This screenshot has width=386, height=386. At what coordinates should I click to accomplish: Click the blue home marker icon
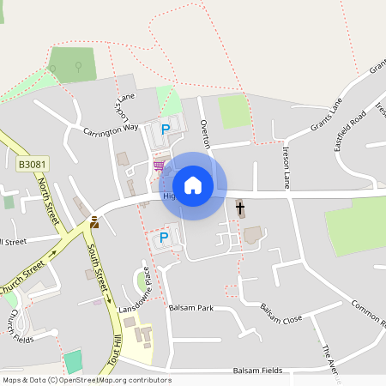click(x=193, y=185)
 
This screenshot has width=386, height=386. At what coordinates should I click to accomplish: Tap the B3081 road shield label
click(x=29, y=161)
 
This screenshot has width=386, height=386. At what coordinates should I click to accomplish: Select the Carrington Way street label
click(x=111, y=130)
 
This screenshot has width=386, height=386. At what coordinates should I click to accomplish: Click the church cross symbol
click(x=239, y=208)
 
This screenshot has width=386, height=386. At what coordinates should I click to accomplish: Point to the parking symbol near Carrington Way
click(x=166, y=130)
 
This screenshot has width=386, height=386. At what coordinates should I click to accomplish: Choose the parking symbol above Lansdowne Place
click(x=163, y=238)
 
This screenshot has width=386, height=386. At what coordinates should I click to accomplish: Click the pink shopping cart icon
click(x=158, y=166)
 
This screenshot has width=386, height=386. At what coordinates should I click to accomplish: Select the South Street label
click(x=97, y=265)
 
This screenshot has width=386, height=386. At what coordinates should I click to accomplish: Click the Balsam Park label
click(x=190, y=307)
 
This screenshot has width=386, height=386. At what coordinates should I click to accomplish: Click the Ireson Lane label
click(x=286, y=167)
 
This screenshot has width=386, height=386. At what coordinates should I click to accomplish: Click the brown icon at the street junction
click(x=93, y=222)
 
